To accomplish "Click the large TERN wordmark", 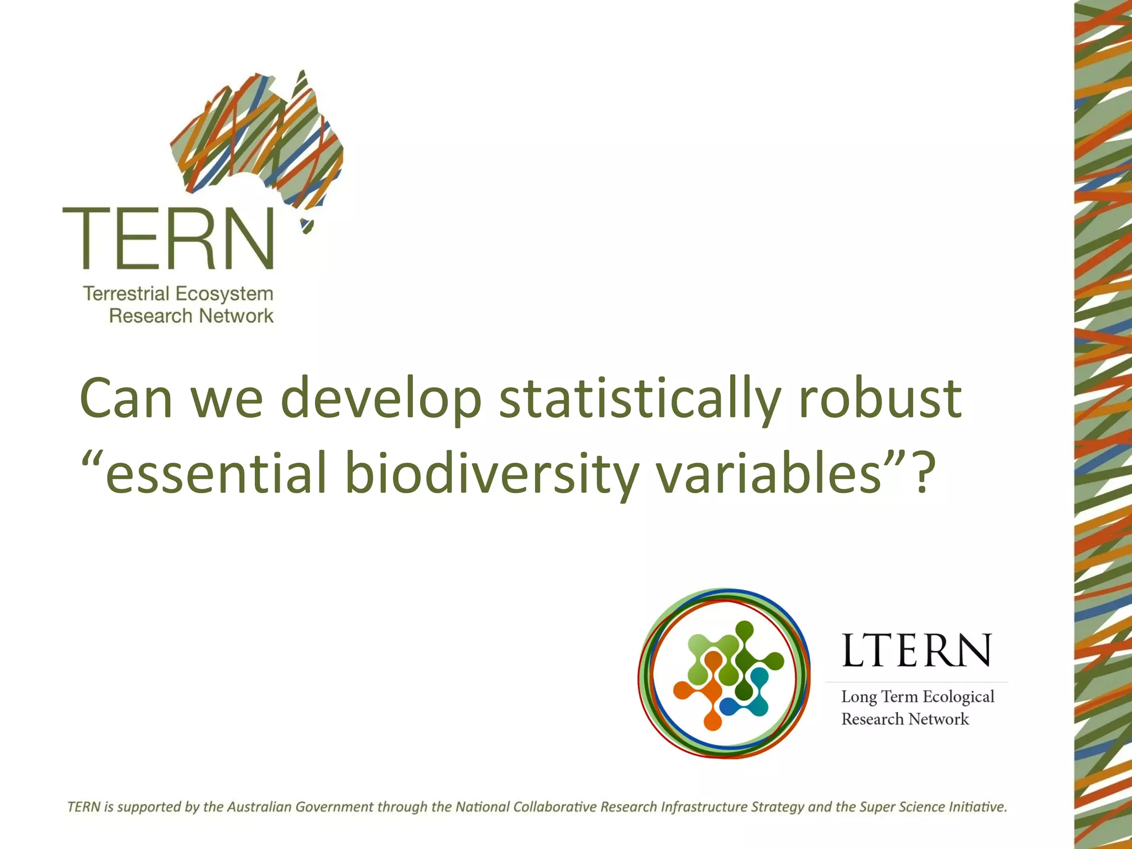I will click(169, 239).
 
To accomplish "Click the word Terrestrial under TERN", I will click(127, 294).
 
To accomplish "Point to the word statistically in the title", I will click(640, 399).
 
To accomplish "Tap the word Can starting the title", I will click(126, 399).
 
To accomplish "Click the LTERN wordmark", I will click(916, 651).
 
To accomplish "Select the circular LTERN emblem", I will click(724, 673).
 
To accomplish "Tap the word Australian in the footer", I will click(259, 807).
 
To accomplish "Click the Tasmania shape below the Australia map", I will click(307, 227).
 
